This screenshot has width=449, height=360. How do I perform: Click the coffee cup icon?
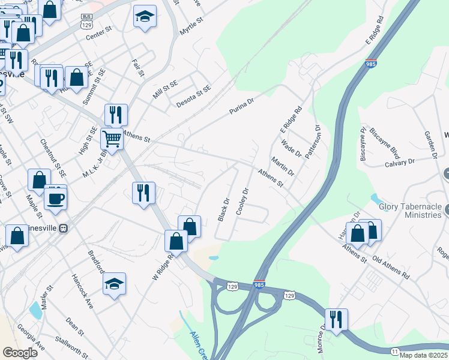(x=56, y=198)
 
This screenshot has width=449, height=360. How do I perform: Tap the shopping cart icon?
(x=112, y=139)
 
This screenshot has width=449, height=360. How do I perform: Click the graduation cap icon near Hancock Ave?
(x=114, y=284)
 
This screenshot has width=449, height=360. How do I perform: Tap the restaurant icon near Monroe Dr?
(x=336, y=320)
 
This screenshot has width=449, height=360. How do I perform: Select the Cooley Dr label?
(x=243, y=202)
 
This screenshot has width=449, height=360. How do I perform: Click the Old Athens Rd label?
(x=391, y=268)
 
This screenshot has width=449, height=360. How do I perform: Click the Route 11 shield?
(x=394, y=350)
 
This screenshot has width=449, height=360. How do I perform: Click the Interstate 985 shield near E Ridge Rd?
(x=370, y=63)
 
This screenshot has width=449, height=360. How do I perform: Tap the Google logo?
(x=20, y=353)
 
